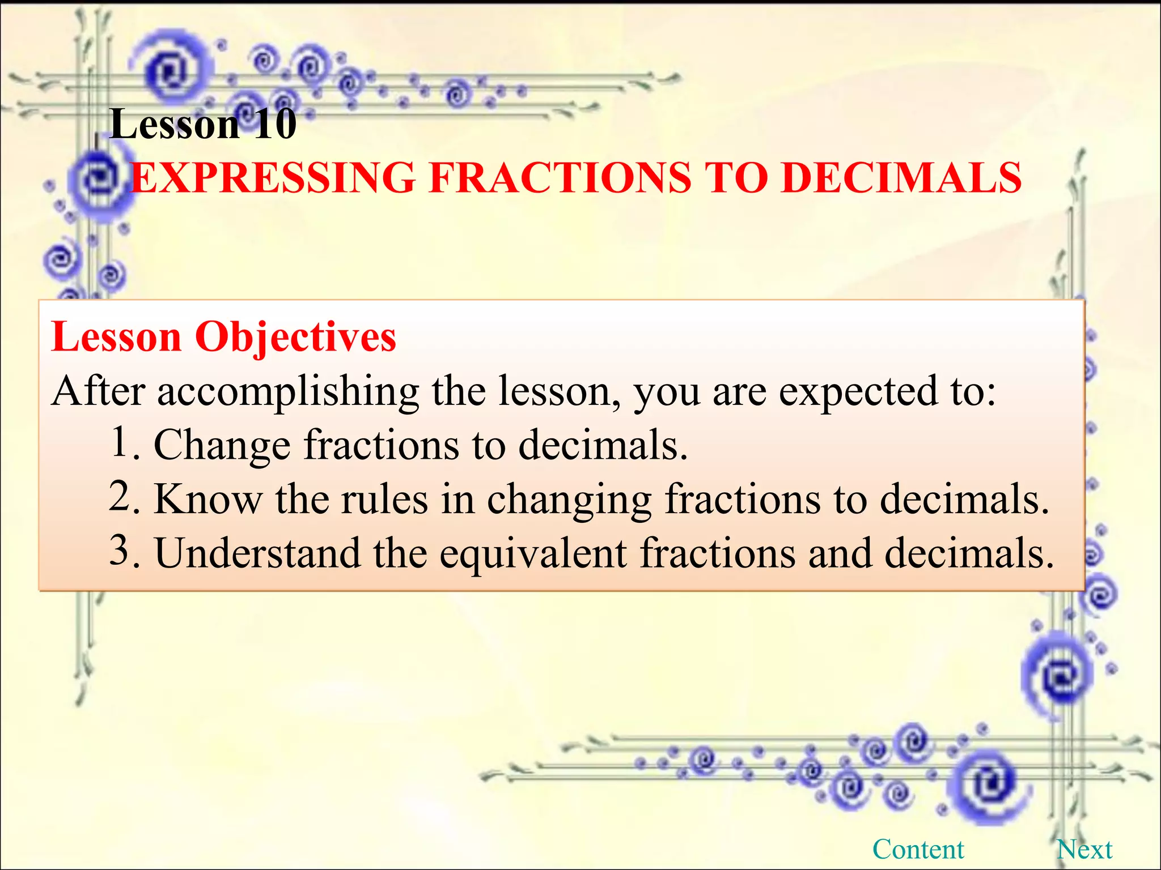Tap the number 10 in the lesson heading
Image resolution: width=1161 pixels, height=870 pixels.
(275, 124)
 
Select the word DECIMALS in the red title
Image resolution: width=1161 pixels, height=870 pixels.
(901, 178)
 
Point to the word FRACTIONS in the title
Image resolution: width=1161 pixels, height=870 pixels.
(560, 178)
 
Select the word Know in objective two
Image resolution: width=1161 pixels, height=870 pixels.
(208, 500)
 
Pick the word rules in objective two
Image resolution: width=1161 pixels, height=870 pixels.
(384, 500)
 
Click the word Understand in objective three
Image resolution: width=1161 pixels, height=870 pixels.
(257, 553)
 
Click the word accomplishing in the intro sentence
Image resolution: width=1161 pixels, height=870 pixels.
(288, 393)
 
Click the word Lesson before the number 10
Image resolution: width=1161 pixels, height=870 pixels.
(175, 124)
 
